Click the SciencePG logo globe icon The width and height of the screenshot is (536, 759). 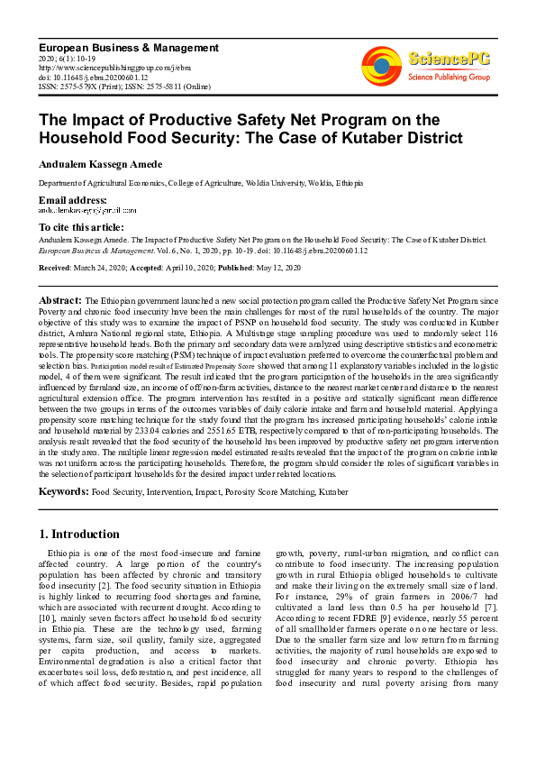coord(382,63)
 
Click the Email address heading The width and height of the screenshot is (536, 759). coord(72,199)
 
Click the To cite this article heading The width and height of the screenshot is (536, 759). coord(81,228)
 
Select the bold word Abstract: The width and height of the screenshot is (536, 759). coord(61,299)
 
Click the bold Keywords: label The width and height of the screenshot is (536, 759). coord(63,492)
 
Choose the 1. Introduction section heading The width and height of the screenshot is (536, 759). coord(79,534)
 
